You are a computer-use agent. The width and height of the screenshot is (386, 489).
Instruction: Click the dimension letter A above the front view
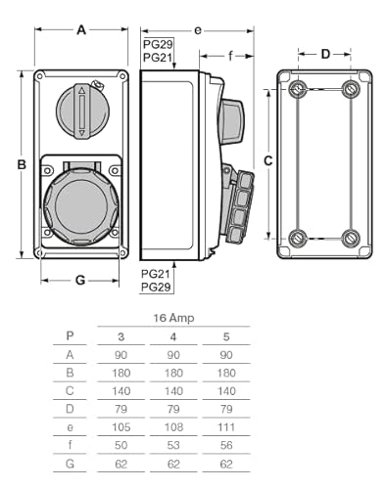(81, 30)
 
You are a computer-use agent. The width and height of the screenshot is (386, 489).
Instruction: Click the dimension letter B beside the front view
(22, 164)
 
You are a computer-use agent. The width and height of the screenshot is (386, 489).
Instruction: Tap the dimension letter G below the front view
(80, 280)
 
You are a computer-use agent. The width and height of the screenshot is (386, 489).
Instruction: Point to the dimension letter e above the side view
(198, 30)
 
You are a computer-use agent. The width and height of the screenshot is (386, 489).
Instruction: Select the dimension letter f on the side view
(230, 56)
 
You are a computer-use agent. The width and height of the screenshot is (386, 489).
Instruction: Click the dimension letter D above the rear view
(325, 54)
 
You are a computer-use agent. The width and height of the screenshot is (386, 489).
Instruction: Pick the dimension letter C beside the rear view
(268, 160)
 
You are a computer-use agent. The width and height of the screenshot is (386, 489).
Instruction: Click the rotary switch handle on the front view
(82, 111)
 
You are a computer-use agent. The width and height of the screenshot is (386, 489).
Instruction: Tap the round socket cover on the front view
(81, 206)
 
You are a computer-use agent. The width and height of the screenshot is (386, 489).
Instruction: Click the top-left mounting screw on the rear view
(298, 88)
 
